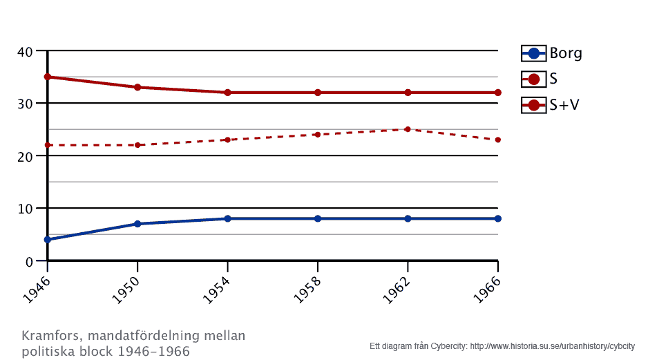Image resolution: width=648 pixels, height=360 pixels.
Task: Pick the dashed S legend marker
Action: click(x=533, y=79)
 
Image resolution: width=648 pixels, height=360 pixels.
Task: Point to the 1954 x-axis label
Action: click(x=218, y=286)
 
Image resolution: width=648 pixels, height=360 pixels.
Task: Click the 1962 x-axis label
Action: click(x=398, y=286)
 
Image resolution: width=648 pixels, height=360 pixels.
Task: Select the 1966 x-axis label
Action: click(x=488, y=286)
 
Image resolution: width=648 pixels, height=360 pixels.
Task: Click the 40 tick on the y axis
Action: click(x=25, y=51)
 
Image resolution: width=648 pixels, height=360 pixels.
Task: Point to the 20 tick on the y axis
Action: click(x=25, y=156)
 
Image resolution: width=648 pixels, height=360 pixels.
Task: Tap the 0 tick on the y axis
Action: click(x=29, y=261)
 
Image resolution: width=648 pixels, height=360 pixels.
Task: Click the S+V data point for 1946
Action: click(x=48, y=77)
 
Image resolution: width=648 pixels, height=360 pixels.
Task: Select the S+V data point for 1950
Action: click(x=137, y=87)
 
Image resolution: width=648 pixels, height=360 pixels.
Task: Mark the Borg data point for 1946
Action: click(x=48, y=240)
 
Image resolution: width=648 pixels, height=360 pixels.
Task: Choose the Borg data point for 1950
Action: click(x=137, y=224)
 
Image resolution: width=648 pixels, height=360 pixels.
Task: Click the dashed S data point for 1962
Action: click(x=408, y=129)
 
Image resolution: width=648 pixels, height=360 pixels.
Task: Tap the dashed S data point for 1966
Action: click(x=498, y=140)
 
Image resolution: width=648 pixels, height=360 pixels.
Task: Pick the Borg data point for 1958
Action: click(x=318, y=218)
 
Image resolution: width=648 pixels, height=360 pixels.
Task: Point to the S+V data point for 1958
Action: click(x=318, y=93)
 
